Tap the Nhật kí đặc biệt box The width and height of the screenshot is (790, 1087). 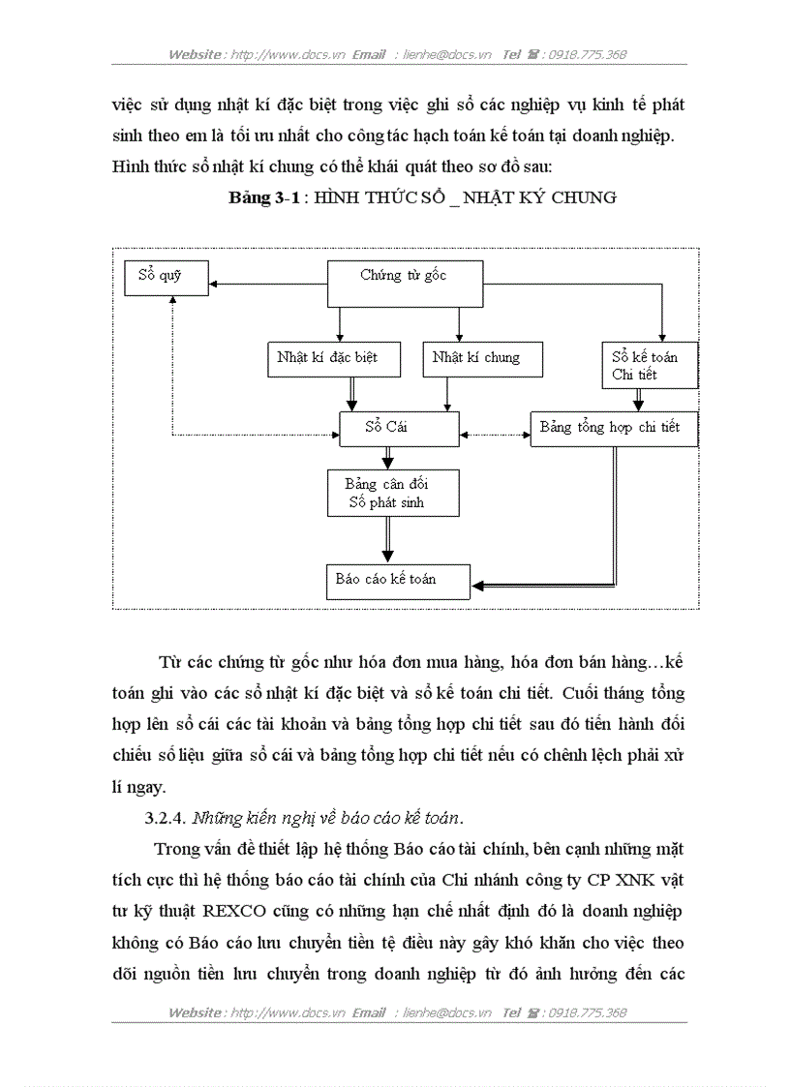(x=326, y=359)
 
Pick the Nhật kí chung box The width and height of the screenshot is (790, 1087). (x=482, y=359)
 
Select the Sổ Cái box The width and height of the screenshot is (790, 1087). (x=398, y=428)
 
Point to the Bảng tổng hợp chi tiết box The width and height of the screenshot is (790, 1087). (x=614, y=429)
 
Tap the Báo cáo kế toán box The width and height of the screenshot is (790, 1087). (x=397, y=580)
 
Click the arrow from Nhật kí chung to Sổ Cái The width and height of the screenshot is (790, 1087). (x=445, y=393)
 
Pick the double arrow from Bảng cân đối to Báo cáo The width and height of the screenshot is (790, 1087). (x=388, y=538)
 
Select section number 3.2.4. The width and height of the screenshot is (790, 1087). (x=166, y=818)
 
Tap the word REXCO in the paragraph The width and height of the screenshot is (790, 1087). (x=232, y=911)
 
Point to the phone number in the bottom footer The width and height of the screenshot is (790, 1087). (x=588, y=1013)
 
